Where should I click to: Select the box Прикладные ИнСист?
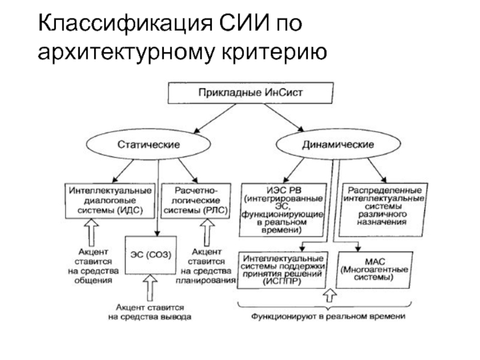click(248, 94)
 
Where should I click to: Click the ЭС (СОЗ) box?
click(148, 254)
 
